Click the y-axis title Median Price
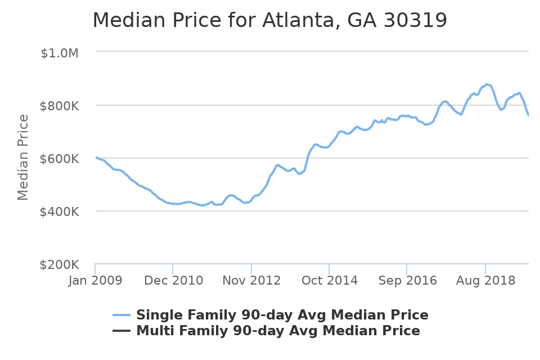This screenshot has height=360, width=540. click(x=23, y=157)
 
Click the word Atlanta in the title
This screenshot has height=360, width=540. click(x=296, y=21)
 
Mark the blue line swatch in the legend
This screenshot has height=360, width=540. click(x=121, y=315)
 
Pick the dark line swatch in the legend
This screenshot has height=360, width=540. click(x=121, y=331)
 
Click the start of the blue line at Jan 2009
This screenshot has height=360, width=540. click(x=96, y=157)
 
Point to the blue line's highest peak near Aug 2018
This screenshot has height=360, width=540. click(x=487, y=84)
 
